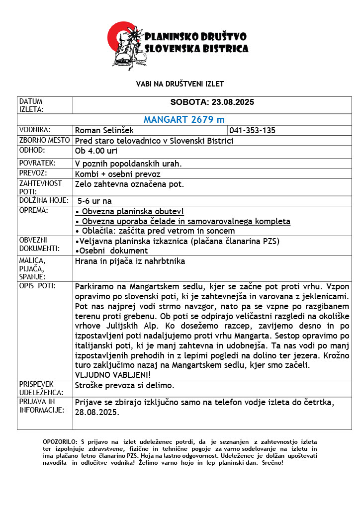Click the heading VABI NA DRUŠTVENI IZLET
pos(180,84)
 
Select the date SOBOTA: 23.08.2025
pos(212,102)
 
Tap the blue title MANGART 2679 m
pos(184,120)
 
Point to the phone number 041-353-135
pos(253,131)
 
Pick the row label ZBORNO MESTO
pos(44,140)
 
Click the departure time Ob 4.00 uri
pos(96,151)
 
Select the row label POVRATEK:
pos(37,163)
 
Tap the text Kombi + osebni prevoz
pos(117,174)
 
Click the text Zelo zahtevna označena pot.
pos(130,184)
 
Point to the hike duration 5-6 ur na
pos(95,201)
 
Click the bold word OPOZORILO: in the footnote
pos(60,441)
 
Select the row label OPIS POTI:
pos(37,286)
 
